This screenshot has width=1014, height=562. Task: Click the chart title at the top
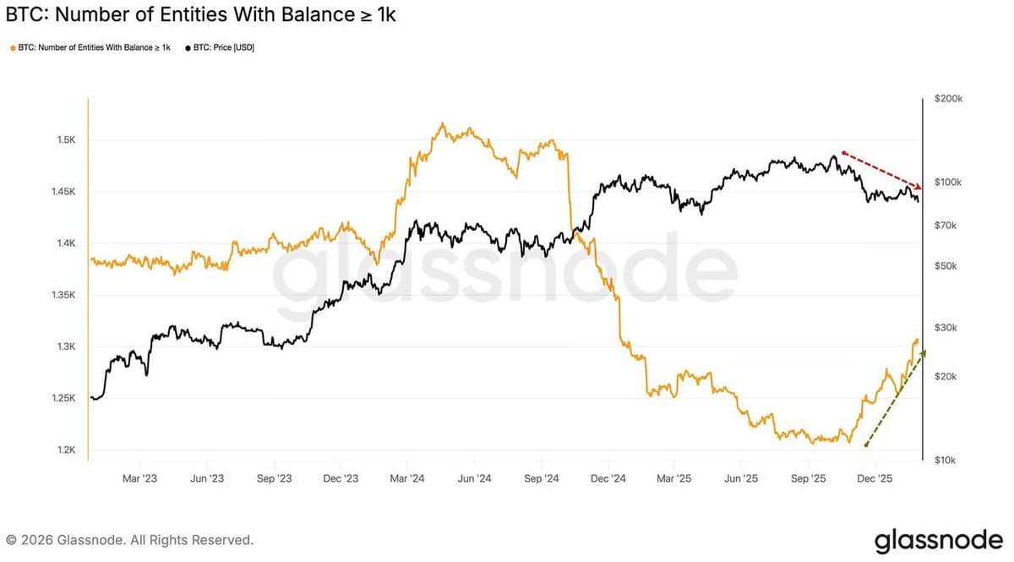(x=200, y=15)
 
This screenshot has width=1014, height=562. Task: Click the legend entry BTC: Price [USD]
(x=218, y=47)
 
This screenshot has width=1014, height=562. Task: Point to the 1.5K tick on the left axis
(x=67, y=139)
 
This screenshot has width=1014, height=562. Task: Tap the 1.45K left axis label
(x=64, y=192)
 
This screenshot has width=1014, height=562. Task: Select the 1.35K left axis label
(x=64, y=296)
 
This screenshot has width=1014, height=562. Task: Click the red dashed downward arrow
(x=881, y=170)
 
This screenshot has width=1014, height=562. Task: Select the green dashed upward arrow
(x=895, y=398)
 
